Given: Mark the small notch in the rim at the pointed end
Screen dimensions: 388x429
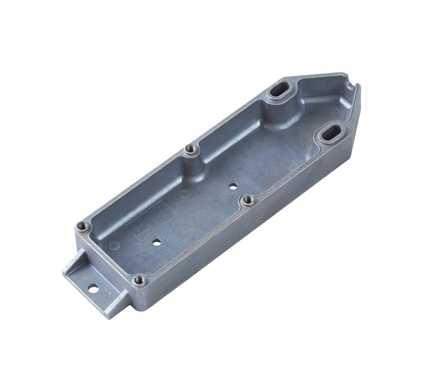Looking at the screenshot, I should [x=354, y=88].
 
